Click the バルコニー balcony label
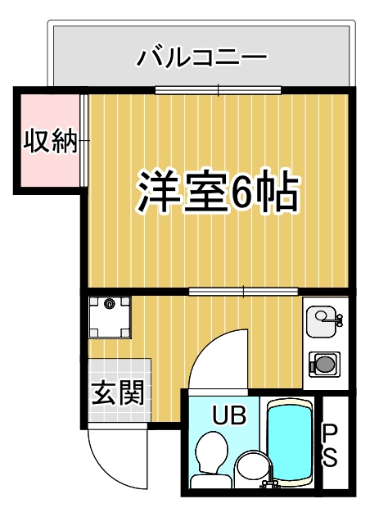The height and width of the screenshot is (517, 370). tap(201, 57)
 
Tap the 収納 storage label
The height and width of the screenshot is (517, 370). tap(51, 141)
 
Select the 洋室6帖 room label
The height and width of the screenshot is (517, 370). tap(218, 191)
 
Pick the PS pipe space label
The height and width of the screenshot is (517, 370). tap(329, 445)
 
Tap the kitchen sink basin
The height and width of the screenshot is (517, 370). tap(321, 321)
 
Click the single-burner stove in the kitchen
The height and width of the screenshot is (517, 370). tap(325, 365)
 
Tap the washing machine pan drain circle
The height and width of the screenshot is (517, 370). tap(109, 304)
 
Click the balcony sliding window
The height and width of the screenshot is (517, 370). tap(218, 90)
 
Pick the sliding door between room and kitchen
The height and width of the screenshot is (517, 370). tap(243, 292)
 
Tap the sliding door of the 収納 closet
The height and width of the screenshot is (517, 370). tap(84, 141)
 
